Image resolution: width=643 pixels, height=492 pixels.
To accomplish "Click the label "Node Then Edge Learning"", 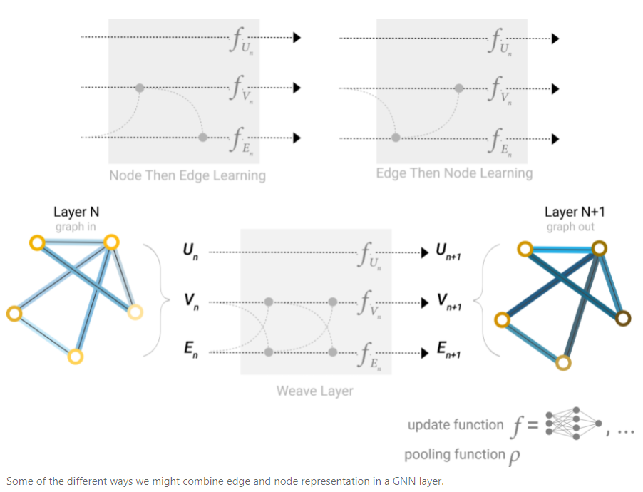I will pyautogui.click(x=187, y=175).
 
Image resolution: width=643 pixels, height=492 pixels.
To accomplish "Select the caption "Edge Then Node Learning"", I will pyautogui.click(x=454, y=173).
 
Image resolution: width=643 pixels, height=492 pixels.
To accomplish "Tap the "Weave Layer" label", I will pyautogui.click(x=315, y=390).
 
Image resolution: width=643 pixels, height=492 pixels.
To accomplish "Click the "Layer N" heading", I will pyautogui.click(x=76, y=212).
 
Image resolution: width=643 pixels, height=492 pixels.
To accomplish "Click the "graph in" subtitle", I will pyautogui.click(x=76, y=227).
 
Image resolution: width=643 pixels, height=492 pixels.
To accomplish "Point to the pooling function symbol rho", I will pyautogui.click(x=513, y=456).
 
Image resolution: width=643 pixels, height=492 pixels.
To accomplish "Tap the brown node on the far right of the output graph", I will pyautogui.click(x=624, y=318).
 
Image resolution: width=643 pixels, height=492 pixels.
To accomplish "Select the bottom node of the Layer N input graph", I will pyautogui.click(x=76, y=356).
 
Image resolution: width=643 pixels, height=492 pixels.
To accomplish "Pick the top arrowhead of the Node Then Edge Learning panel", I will pyautogui.click(x=297, y=38).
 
